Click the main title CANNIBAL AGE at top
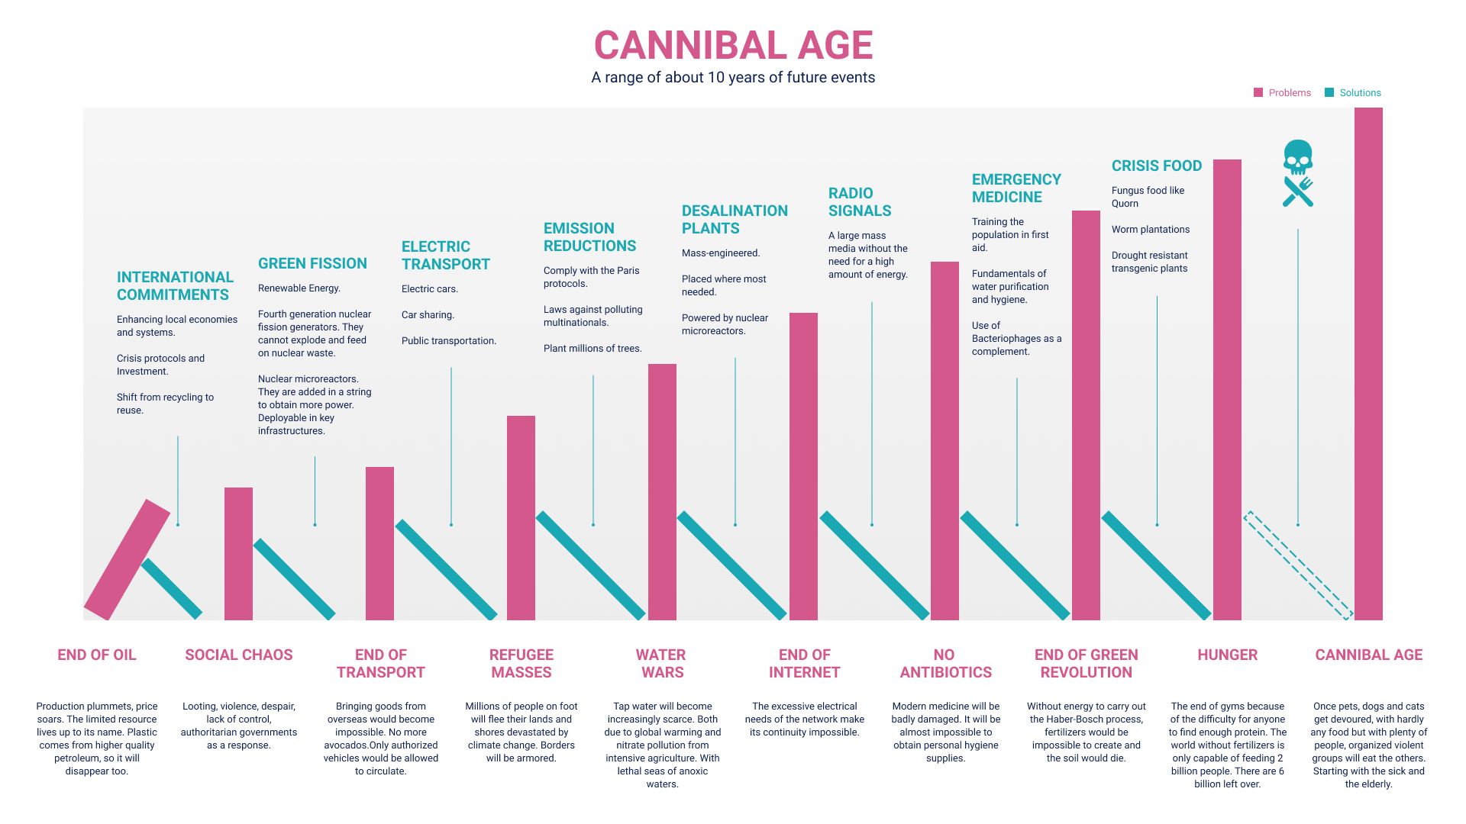tap(733, 45)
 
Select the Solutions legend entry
tap(1353, 93)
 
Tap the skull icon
tap(1298, 156)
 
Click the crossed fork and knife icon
tap(1298, 192)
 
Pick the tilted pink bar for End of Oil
tap(127, 559)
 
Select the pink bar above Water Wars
tap(662, 492)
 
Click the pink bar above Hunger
tap(1227, 389)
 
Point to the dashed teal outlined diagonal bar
tap(1298, 565)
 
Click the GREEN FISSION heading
tap(312, 263)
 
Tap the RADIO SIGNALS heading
tap(860, 202)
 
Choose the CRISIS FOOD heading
tap(1156, 166)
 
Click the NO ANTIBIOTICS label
tap(945, 664)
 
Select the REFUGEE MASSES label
tap(521, 664)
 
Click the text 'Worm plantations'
tap(1150, 230)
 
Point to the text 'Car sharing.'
tap(428, 315)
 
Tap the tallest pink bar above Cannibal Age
tap(1368, 363)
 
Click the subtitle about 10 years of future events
tap(733, 78)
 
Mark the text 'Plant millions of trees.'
tap(593, 349)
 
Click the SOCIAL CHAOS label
tap(238, 655)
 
